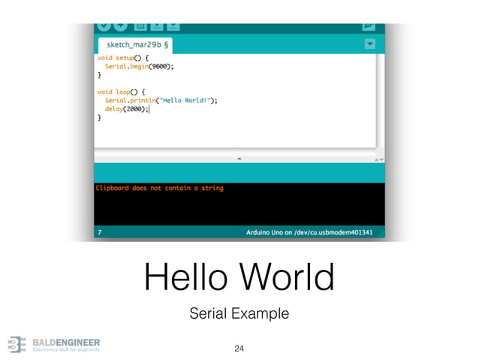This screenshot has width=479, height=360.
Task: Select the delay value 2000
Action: pos(136,108)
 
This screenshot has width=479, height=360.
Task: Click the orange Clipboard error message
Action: pos(159,188)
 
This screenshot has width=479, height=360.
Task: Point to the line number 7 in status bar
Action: pos(100,233)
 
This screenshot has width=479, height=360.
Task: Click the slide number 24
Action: pos(239,348)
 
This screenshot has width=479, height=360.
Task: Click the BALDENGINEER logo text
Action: pos(66,342)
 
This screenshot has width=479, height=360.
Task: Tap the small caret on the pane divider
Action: pos(239,159)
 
